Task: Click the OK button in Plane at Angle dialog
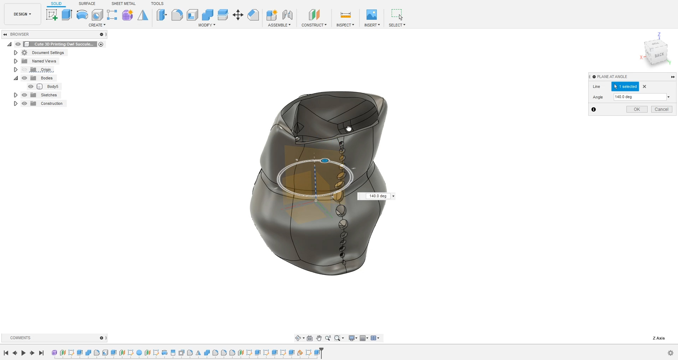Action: coord(637,109)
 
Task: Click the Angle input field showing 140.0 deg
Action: coord(640,97)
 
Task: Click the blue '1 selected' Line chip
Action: coord(625,86)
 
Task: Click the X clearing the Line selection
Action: coord(644,86)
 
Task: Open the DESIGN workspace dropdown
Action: coord(23,14)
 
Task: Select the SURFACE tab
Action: coord(87,4)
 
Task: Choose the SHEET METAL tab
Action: coord(124,4)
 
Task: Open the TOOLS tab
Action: coord(157,4)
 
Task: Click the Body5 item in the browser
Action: coord(53,86)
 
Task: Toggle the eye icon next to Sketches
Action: coord(24,95)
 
